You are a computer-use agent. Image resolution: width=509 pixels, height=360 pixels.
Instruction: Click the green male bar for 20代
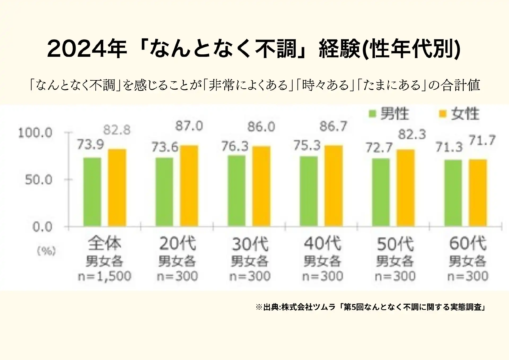(x=164, y=192)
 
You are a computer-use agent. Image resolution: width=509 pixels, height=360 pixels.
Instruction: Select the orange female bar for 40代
(x=334, y=186)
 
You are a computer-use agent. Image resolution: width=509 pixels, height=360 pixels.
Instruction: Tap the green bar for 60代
(x=453, y=193)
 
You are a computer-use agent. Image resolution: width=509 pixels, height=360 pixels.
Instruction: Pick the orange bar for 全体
(x=117, y=188)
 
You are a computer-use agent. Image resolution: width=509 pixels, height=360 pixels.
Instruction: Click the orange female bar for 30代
(x=261, y=186)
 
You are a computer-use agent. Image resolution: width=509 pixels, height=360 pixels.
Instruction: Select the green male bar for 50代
(x=381, y=193)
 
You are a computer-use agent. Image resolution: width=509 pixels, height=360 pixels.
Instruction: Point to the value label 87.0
(x=189, y=126)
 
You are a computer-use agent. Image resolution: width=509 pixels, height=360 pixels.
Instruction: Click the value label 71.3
(x=449, y=147)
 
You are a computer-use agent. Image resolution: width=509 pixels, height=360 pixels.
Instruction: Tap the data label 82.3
(x=412, y=135)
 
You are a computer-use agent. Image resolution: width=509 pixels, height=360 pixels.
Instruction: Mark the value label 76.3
(x=235, y=146)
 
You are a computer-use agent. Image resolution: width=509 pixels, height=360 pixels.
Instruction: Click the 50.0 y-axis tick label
(x=39, y=180)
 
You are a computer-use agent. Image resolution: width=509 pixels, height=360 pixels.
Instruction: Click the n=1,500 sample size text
(x=105, y=276)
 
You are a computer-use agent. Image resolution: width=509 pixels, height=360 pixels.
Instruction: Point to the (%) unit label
(x=46, y=251)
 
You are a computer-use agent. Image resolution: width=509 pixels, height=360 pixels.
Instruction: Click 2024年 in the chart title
(x=87, y=49)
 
